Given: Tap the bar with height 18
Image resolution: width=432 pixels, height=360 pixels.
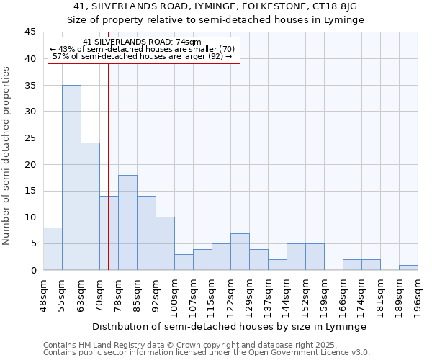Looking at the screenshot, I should tap(127, 222).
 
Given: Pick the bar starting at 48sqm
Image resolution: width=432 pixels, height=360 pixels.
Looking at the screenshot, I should tap(53, 249).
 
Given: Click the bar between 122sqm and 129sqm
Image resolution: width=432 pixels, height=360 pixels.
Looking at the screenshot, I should tap(240, 252).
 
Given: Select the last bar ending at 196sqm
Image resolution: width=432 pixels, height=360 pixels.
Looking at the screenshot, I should tap(408, 268).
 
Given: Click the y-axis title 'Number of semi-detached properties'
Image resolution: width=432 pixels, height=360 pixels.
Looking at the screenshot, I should tap(7, 156).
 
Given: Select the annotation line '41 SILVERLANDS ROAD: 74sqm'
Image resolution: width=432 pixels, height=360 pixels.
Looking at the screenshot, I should tap(142, 42).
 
